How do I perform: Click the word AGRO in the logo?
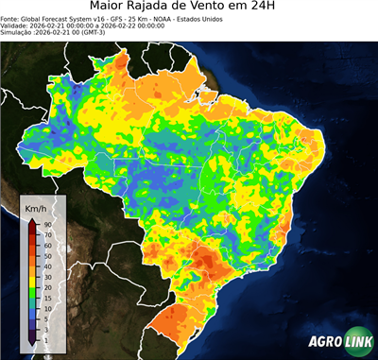point(324,342)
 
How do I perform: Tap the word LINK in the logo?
point(356,342)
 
